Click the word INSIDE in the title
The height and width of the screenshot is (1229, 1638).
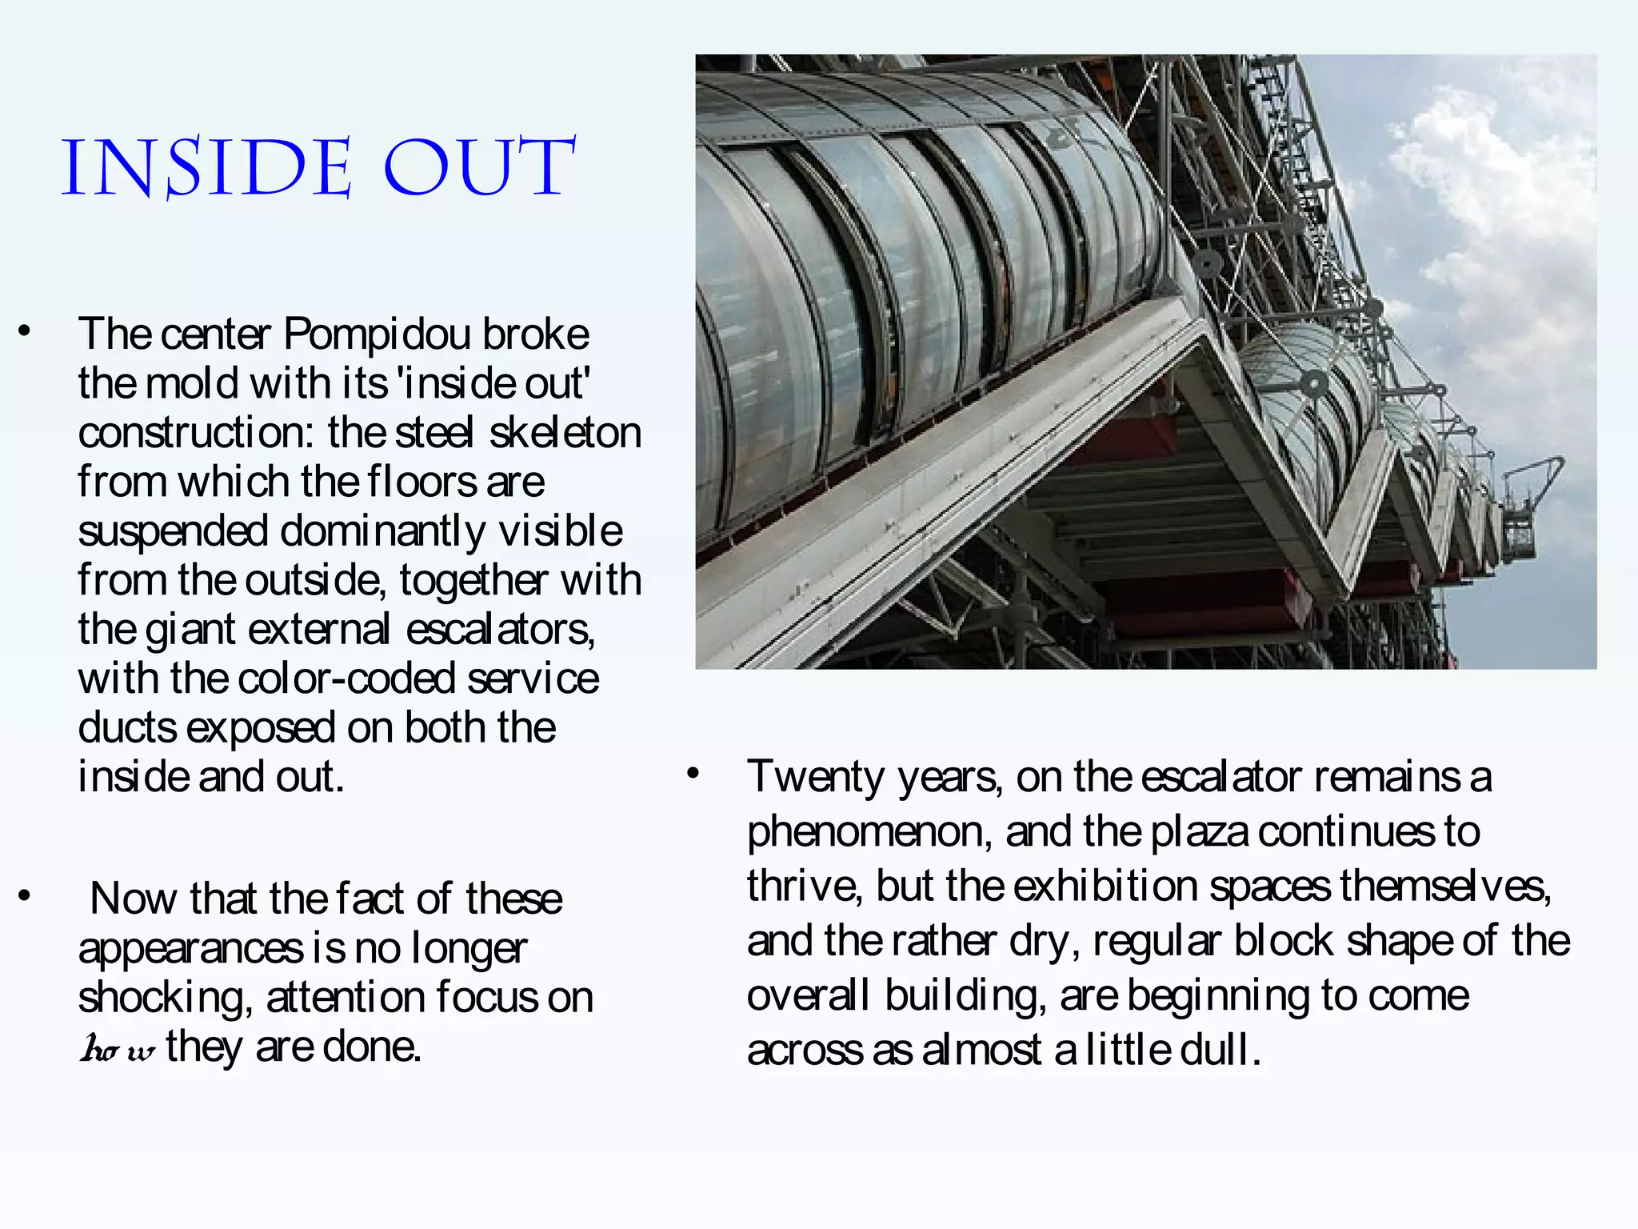tap(206, 169)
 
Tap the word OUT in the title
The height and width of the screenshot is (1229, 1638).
tap(478, 169)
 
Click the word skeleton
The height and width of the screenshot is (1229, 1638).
tap(565, 433)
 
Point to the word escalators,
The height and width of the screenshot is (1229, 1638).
tap(501, 630)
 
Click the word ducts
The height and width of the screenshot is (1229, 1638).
tap(127, 728)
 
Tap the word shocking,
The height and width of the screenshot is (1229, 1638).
tap(166, 998)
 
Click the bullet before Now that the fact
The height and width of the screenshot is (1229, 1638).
tap(25, 896)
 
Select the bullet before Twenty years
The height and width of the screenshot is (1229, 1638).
tap(693, 774)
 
